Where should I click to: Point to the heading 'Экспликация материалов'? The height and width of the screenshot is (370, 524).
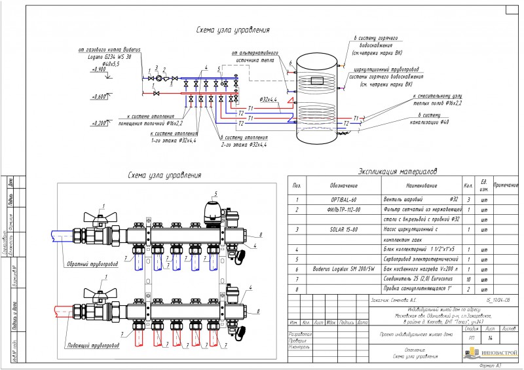tap(398, 172)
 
